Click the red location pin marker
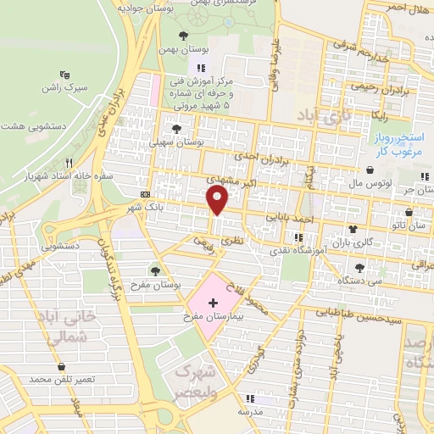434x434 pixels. (x=218, y=200)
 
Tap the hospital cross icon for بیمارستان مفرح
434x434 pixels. (x=212, y=301)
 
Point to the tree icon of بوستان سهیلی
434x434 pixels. (x=176, y=129)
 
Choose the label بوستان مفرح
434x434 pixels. (x=149, y=285)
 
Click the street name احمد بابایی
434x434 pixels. (x=292, y=217)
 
